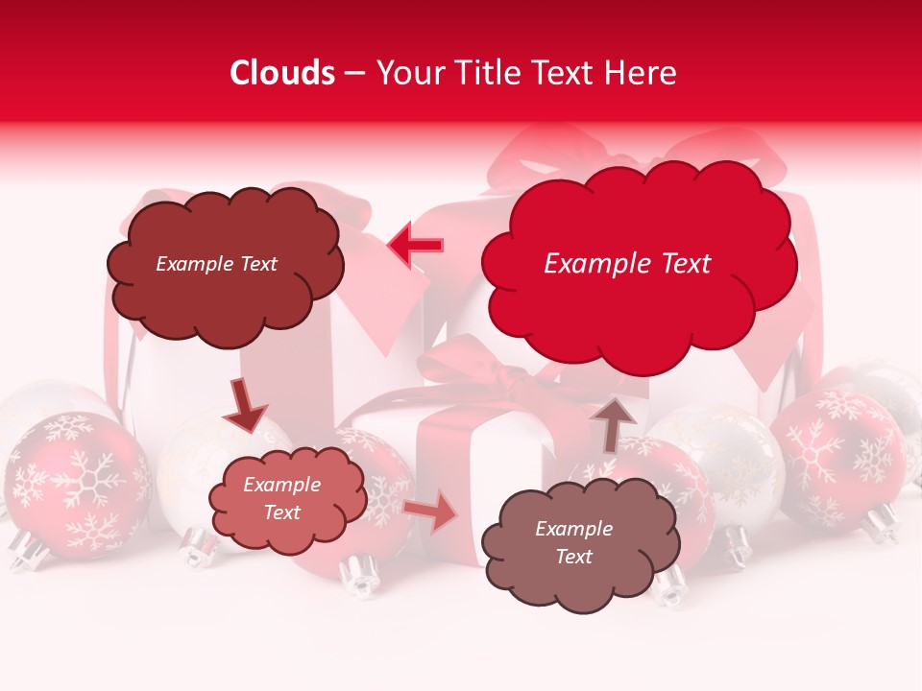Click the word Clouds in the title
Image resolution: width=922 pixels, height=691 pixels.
[x=282, y=73]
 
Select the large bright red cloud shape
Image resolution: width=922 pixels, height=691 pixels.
[x=639, y=288]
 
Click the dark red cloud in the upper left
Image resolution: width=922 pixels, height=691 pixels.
[x=226, y=288]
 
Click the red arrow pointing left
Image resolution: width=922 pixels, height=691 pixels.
[x=416, y=245]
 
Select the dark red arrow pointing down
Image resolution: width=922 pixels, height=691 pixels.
[x=245, y=404]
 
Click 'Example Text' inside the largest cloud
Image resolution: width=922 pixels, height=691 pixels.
[x=627, y=264]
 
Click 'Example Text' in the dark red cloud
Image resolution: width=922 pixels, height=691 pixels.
[x=216, y=264]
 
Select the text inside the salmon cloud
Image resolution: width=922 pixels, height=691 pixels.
[x=281, y=498]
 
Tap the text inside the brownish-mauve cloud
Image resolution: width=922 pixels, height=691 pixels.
[x=573, y=542]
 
